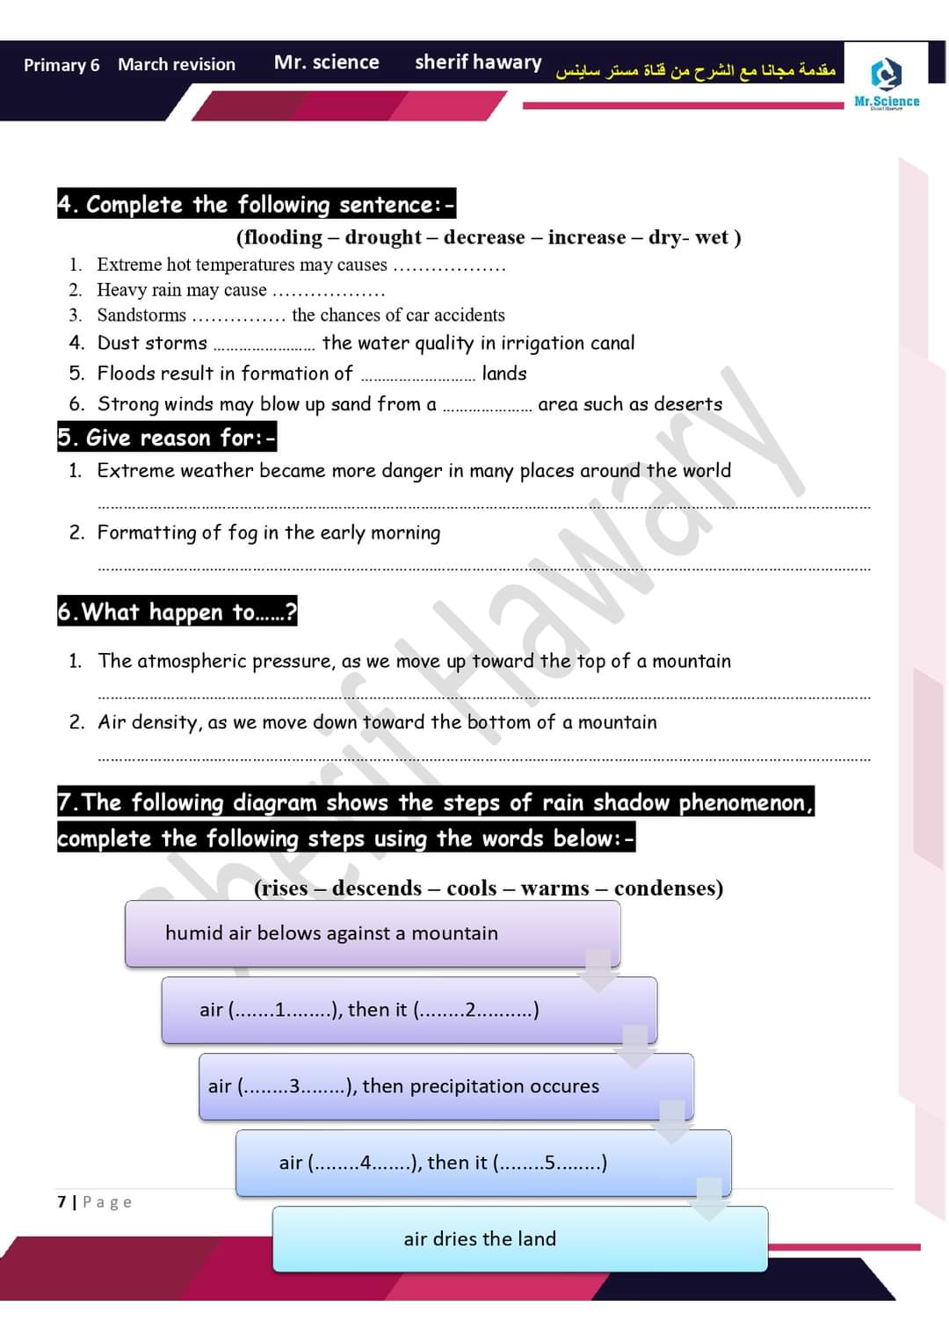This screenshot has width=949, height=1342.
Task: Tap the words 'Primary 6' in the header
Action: (x=62, y=65)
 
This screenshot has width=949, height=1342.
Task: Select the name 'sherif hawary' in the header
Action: (x=478, y=62)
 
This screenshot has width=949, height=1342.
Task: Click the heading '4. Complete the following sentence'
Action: (x=257, y=205)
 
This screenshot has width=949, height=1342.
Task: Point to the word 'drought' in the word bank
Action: (x=383, y=237)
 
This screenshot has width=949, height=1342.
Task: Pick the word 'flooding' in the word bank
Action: (x=280, y=237)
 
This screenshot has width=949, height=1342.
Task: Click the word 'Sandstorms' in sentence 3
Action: (x=141, y=315)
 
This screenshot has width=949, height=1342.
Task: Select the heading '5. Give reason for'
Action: (x=167, y=438)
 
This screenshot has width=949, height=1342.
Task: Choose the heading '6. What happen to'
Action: (x=177, y=612)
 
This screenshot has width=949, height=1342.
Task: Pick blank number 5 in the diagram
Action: (x=550, y=1163)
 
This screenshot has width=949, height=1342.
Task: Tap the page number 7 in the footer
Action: (x=62, y=1201)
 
